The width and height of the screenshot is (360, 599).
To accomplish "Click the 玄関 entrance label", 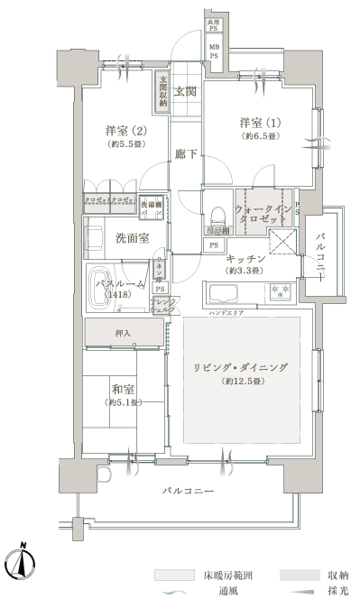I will [x=186, y=90].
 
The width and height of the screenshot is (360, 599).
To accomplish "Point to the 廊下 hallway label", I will [x=187, y=153].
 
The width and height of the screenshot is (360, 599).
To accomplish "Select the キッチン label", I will [x=245, y=258].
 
